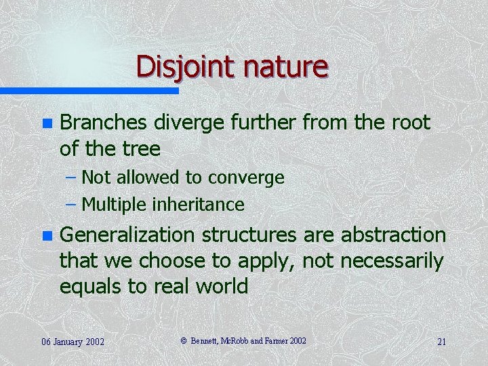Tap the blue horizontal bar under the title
pos(89,90)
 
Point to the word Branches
pos(104,123)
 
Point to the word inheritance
pos(200,204)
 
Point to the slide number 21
pos(441,342)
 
